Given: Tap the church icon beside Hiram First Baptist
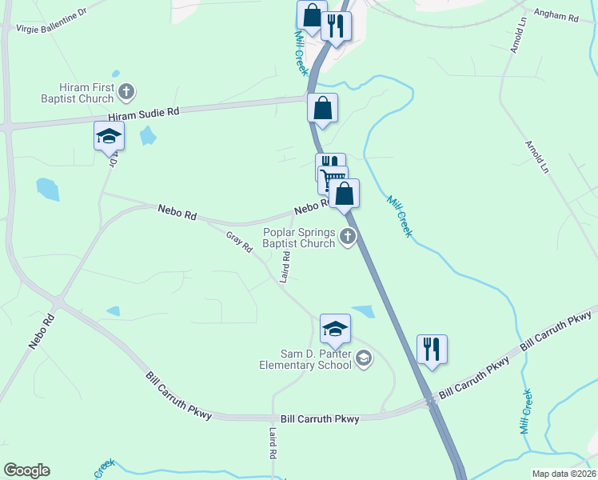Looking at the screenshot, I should tap(126, 93).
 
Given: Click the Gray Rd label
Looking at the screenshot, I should tap(239, 243).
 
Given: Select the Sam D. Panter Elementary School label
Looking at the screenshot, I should tap(305, 359).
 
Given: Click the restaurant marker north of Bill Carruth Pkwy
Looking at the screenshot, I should tap(432, 349).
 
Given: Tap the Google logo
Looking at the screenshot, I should tap(26, 470).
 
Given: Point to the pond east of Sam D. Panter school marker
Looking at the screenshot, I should tap(364, 311).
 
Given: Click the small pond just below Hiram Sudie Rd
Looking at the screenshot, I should tap(148, 136).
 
